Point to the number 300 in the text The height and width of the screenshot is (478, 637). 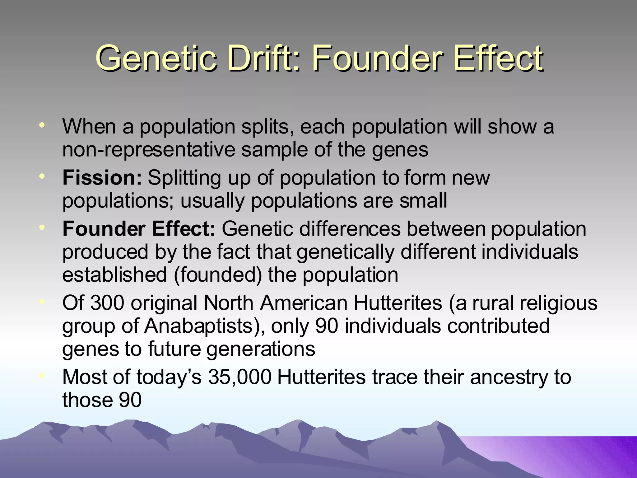pos(107,303)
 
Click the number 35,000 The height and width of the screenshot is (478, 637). pos(239,377)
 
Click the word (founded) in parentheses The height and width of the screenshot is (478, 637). pos(218,275)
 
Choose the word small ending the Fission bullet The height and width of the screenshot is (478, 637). pos(423,201)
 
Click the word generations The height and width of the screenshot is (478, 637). pos(261,349)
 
